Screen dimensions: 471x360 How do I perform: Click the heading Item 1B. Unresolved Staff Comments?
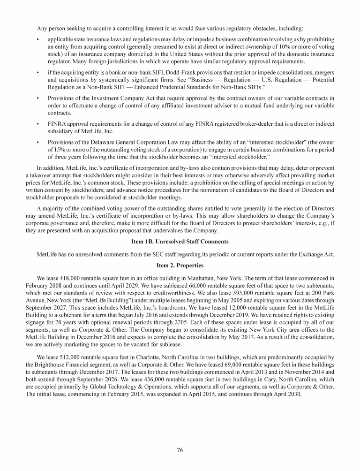point(180,241)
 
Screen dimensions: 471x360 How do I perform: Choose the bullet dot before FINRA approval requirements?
point(37,124)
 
